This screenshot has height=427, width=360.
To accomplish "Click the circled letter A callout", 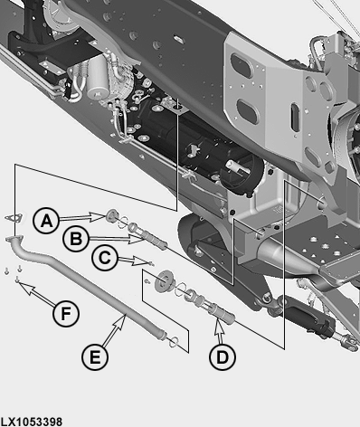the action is coord(46,221).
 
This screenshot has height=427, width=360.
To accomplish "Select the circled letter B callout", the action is coord(76,239).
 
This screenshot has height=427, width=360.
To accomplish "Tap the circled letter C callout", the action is coord(105,258).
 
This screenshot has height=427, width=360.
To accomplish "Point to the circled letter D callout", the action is coord(223,357).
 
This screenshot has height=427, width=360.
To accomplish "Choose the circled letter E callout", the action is coord(95,357).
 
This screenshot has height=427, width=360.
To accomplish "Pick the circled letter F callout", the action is coord(66,314).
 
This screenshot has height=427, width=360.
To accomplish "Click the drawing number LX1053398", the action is coord(32,422).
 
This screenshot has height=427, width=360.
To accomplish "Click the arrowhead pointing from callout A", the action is coord(99,216).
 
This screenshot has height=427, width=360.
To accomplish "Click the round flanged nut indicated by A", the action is coord(112,216).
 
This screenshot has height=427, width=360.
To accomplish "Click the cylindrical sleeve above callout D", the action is coord(223,315).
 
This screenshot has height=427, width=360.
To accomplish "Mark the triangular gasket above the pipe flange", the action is coord(14,218).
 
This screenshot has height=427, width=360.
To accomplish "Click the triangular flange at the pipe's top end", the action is coord(14,239).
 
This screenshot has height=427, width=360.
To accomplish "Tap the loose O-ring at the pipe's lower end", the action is coord(174,342).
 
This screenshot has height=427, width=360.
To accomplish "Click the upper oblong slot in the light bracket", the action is coord(241,65).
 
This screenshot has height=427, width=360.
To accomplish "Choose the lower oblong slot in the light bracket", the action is coord(249,111).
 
